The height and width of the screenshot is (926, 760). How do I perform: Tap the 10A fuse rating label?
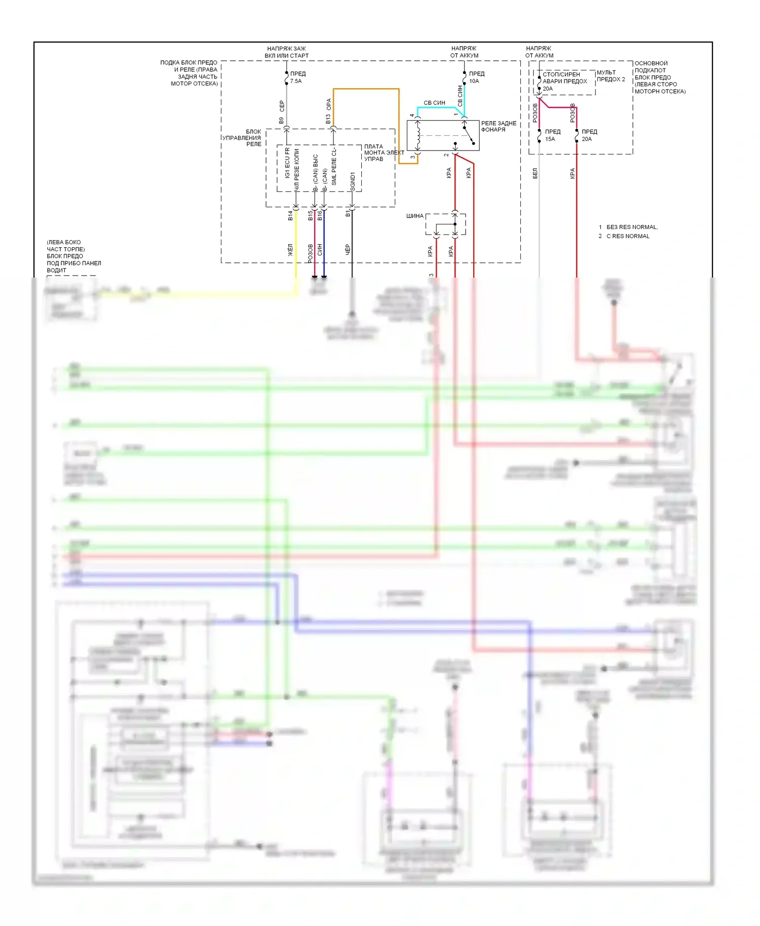[474, 81]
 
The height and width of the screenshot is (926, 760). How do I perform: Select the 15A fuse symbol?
[539, 135]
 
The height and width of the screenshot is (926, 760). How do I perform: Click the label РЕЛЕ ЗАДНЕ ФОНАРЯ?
[499, 126]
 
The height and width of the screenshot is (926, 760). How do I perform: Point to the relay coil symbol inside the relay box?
[418, 135]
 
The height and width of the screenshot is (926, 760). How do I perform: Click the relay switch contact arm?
[469, 136]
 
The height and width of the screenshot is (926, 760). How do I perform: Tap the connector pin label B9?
[281, 121]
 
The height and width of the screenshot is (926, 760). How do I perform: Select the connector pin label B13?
[328, 119]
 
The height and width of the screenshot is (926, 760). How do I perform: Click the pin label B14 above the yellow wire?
[290, 216]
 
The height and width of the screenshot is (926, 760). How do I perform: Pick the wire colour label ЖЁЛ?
[290, 250]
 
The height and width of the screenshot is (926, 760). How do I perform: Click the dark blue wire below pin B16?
[324, 243]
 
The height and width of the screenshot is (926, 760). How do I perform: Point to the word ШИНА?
[414, 216]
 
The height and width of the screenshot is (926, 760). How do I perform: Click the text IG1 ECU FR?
[287, 163]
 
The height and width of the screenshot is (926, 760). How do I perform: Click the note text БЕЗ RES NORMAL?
[631, 227]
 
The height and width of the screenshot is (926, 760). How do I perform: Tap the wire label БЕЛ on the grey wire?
[535, 174]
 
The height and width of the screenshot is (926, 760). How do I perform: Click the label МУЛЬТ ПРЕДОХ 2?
[611, 76]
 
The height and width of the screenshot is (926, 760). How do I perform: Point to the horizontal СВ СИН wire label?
[434, 103]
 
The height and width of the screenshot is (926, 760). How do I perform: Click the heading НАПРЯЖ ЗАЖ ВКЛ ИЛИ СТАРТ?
[286, 52]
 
